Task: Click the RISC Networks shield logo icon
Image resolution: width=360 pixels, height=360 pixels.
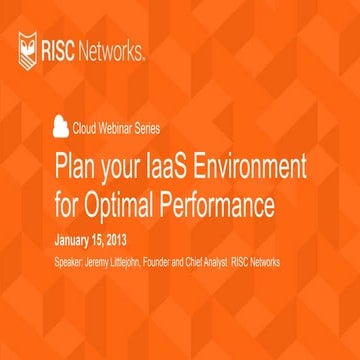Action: [30, 46]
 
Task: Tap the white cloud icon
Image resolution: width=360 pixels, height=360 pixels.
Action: [62, 126]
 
